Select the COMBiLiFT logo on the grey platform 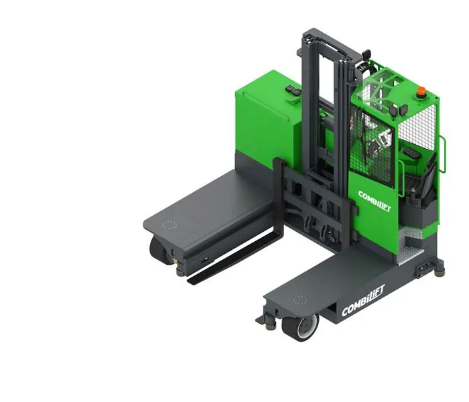363,308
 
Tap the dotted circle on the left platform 170,226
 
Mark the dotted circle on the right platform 299,301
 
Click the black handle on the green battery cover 293,90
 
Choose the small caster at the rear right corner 439,269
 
